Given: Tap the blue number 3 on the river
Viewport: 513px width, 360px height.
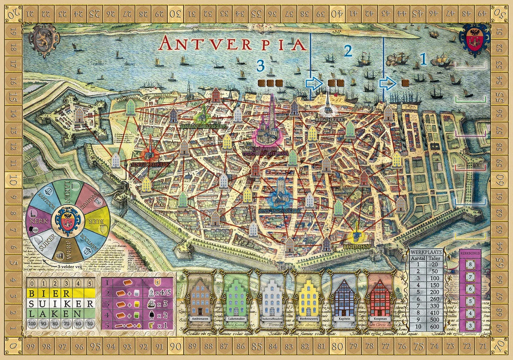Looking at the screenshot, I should point(260,65).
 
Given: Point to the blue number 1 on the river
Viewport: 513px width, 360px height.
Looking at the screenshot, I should point(423,60).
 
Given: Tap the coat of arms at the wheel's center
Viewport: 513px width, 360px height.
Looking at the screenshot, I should point(66,219).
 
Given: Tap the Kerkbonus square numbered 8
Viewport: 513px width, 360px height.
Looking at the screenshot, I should point(470,265).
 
